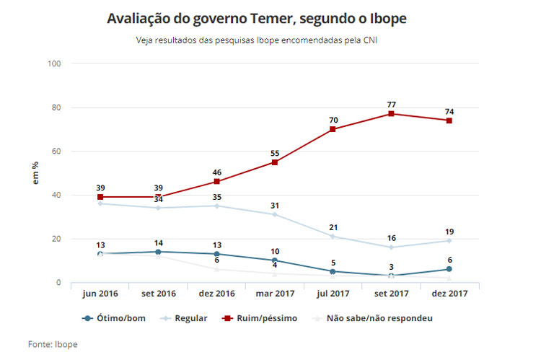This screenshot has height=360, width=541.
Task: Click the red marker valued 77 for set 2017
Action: click(391, 113)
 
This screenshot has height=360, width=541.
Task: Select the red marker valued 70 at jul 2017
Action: click(333, 129)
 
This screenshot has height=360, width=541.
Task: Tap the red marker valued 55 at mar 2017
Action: click(274, 162)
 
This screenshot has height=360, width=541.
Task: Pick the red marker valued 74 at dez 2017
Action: click(449, 120)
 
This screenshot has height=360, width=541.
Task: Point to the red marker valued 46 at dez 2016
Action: click(216, 182)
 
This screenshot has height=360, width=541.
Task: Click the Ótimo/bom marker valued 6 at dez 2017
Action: click(449, 269)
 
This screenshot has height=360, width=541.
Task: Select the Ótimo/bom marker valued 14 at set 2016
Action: click(158, 252)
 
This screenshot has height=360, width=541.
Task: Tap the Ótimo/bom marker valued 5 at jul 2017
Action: click(333, 271)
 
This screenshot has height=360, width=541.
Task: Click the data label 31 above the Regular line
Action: click(274, 206)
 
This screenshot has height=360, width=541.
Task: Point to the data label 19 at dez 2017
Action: click(449, 232)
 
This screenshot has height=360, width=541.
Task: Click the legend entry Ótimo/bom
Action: click(117, 318)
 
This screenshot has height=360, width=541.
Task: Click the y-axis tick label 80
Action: click(55, 107)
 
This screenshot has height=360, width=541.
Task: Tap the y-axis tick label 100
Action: click(53, 63)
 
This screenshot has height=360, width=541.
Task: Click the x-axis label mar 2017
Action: click(274, 294)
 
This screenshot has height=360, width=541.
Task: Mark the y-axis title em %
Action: click(35, 173)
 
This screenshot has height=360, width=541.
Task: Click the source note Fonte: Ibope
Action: click(52, 344)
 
